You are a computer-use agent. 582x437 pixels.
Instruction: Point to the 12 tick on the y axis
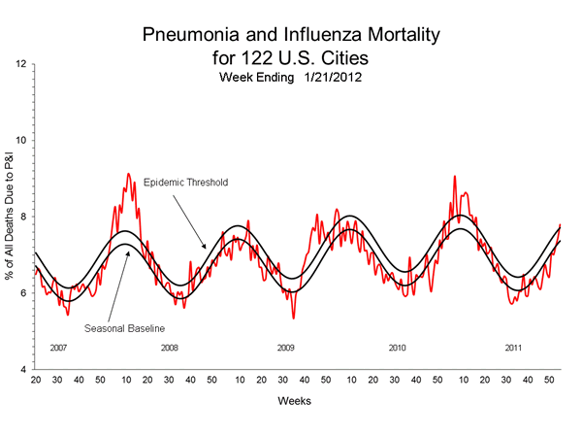21,64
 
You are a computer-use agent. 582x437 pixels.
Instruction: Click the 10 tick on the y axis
21,141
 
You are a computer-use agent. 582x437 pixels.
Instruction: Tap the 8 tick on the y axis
23,218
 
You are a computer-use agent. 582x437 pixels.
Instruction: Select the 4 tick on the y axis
23,370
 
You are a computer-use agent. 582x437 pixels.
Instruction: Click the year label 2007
58,347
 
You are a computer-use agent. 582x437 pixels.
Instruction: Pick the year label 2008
170,347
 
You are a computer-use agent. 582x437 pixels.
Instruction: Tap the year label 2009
285,347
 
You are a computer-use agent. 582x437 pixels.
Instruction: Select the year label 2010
398,347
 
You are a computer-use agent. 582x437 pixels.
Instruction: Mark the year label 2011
513,347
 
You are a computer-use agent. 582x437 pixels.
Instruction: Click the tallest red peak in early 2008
128,175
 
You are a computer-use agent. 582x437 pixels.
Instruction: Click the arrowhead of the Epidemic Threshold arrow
203,249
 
